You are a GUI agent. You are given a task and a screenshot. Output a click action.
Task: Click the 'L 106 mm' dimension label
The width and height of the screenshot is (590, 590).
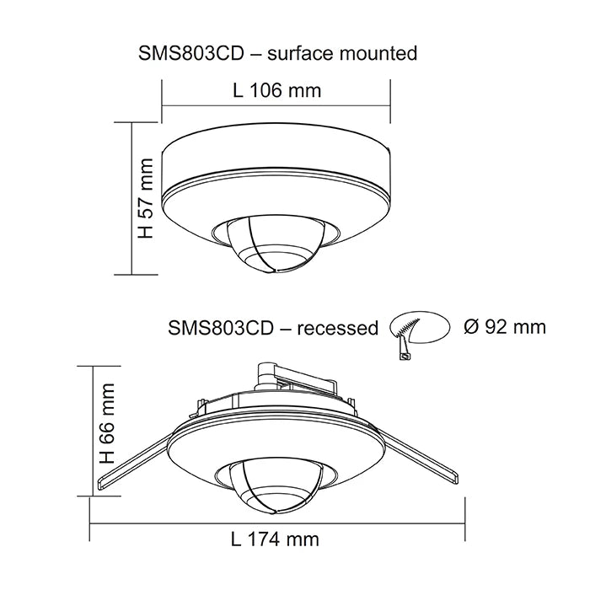pyautogui.click(x=276, y=90)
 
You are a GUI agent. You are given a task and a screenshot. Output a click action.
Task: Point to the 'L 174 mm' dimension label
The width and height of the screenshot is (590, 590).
pyautogui.click(x=276, y=539)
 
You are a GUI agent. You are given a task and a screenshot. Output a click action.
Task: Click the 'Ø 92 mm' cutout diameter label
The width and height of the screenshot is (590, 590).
pyautogui.click(x=505, y=326)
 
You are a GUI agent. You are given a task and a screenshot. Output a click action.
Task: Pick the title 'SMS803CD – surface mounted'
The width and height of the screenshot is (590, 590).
pyautogui.click(x=277, y=54)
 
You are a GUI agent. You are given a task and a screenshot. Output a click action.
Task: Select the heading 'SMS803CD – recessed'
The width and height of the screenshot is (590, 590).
pyautogui.click(x=273, y=328)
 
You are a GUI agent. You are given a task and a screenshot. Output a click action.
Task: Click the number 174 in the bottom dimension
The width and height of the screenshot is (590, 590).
pyautogui.click(x=271, y=539)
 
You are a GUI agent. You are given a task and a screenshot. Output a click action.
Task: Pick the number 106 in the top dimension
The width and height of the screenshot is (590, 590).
pyautogui.click(x=271, y=90)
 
